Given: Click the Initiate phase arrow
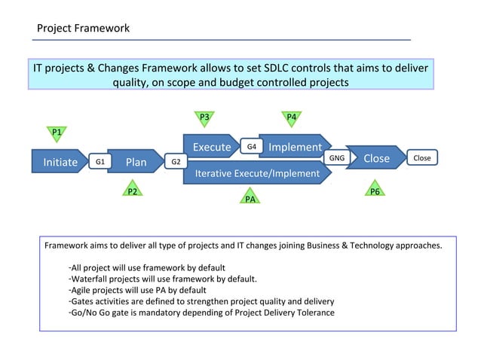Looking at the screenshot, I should tap(60, 161).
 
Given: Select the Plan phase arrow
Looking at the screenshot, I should tap(136, 161).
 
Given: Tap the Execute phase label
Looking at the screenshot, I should tap(211, 147).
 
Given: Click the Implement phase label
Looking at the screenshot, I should tap(295, 147).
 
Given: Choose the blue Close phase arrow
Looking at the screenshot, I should tap(376, 159).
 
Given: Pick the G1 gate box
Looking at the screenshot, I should tap(100, 161).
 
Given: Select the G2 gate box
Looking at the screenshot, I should tap(175, 161).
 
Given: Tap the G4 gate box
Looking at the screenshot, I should tap(251, 146).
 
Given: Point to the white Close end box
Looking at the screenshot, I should tap(422, 158).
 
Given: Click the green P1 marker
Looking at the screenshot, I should tap(57, 133).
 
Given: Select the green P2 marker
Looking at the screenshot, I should tap(132, 191).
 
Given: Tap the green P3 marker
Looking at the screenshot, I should tap(204, 117).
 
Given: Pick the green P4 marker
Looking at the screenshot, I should tap(291, 117).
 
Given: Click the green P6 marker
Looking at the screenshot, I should tap(375, 191).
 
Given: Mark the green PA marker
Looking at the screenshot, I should tap(250, 198).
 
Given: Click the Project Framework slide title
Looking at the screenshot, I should tap(84, 28).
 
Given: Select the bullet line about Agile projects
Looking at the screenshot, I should tap(137, 290).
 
